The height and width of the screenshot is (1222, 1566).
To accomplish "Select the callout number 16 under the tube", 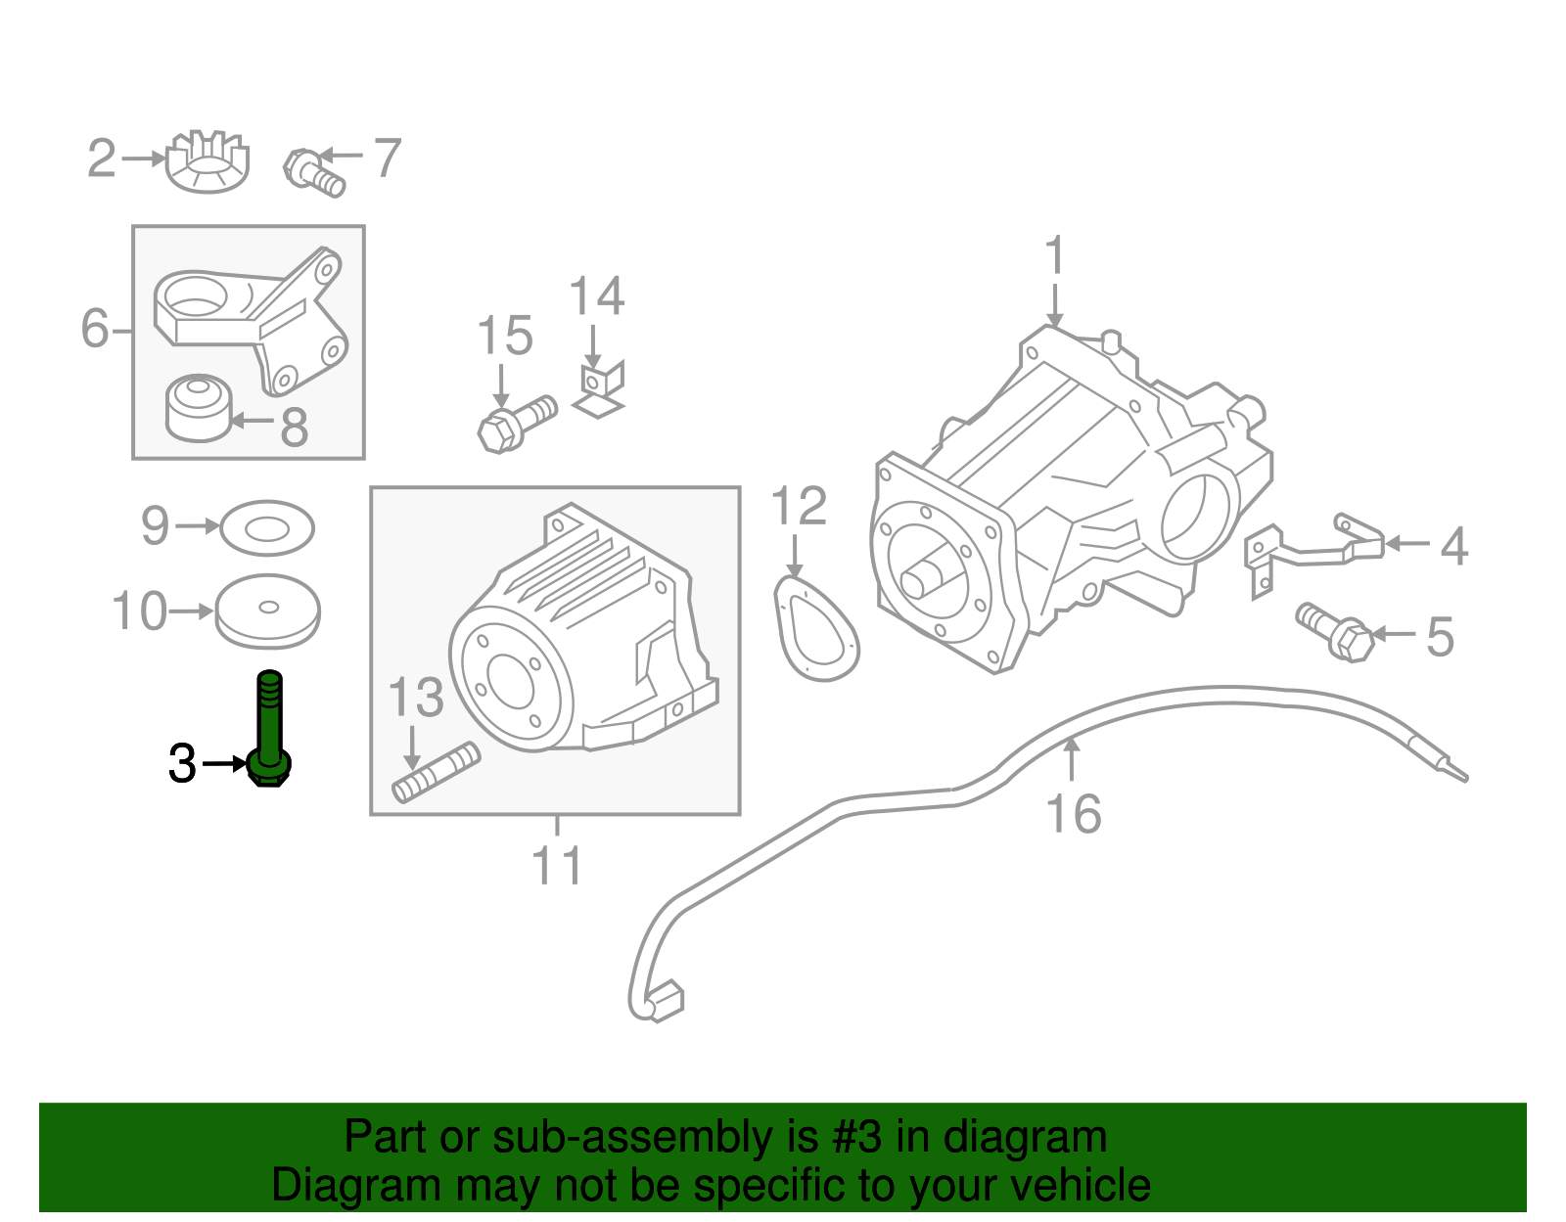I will click(x=1073, y=814).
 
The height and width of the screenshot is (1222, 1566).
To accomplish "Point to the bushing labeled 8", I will click(x=199, y=407).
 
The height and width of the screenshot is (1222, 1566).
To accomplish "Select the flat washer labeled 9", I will click(x=266, y=528).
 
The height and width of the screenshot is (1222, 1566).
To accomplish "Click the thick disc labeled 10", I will click(x=267, y=611).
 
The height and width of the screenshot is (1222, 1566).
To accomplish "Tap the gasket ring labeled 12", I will click(x=815, y=630).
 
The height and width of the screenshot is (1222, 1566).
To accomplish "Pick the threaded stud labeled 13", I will click(x=437, y=773).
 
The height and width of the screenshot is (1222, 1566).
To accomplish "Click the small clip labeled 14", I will click(x=599, y=387).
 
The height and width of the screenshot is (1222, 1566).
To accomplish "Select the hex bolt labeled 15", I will click(x=515, y=422).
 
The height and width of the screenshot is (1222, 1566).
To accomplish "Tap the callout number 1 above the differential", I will click(x=1054, y=256).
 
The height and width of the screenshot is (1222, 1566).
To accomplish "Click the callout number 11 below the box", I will click(x=557, y=866).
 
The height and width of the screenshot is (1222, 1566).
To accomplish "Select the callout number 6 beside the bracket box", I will click(x=94, y=328).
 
